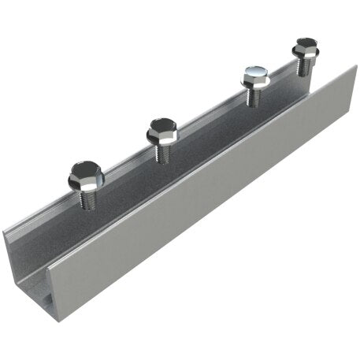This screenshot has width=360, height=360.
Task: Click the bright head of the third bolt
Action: (256, 77)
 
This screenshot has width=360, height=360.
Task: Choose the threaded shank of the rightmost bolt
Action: (305, 66)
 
